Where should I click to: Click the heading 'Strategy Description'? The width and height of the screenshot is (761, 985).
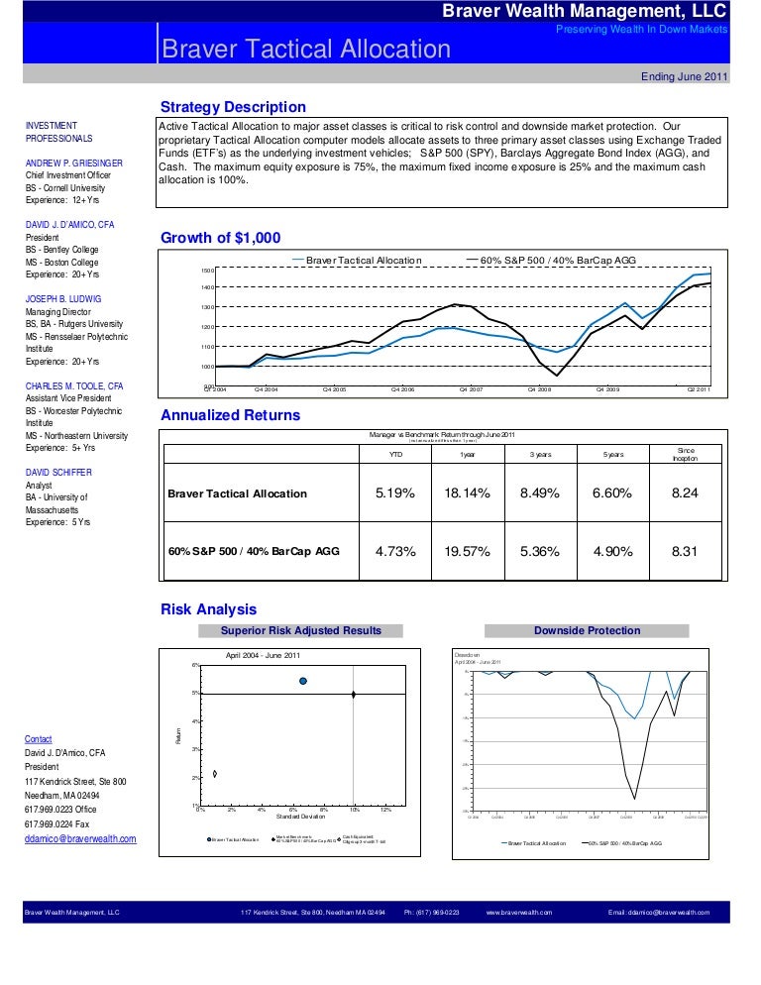233,107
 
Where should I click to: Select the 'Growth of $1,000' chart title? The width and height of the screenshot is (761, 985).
220,238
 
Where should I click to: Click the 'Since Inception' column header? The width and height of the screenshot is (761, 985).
686,454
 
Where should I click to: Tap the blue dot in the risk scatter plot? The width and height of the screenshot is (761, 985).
303,681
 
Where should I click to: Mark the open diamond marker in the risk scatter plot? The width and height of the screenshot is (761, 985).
214,773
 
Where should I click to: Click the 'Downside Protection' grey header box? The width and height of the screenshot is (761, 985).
587,630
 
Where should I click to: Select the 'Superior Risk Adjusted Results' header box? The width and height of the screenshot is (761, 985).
300,630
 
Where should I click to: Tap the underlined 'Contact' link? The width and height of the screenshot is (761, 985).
39,739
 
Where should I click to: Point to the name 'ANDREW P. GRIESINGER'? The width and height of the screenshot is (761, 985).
74,163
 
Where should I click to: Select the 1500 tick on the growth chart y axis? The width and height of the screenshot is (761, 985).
207,271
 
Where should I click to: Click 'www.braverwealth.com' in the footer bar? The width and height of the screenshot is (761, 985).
519,912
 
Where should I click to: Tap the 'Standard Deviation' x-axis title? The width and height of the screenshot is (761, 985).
300,817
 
